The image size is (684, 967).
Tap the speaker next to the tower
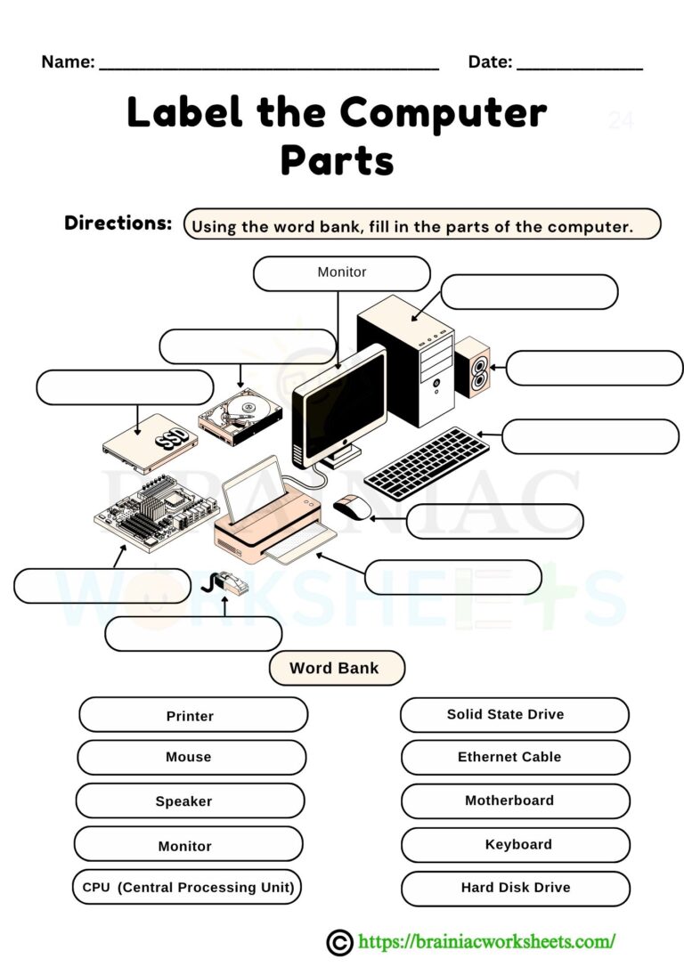[472, 367]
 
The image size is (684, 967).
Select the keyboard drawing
[427, 463]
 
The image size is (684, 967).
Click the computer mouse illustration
[353, 508]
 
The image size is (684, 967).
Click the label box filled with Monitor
[341, 273]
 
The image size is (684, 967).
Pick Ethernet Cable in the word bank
[515, 757]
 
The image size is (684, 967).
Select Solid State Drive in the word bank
[514, 714]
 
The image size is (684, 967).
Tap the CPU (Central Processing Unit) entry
[187, 887]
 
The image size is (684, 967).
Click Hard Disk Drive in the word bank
[515, 888]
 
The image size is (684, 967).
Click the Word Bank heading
[336, 668]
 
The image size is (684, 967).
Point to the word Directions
[118, 223]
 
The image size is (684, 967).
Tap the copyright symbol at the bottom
[338, 942]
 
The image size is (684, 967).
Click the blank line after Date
[579, 64]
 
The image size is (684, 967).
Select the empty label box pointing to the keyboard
[590, 436]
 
